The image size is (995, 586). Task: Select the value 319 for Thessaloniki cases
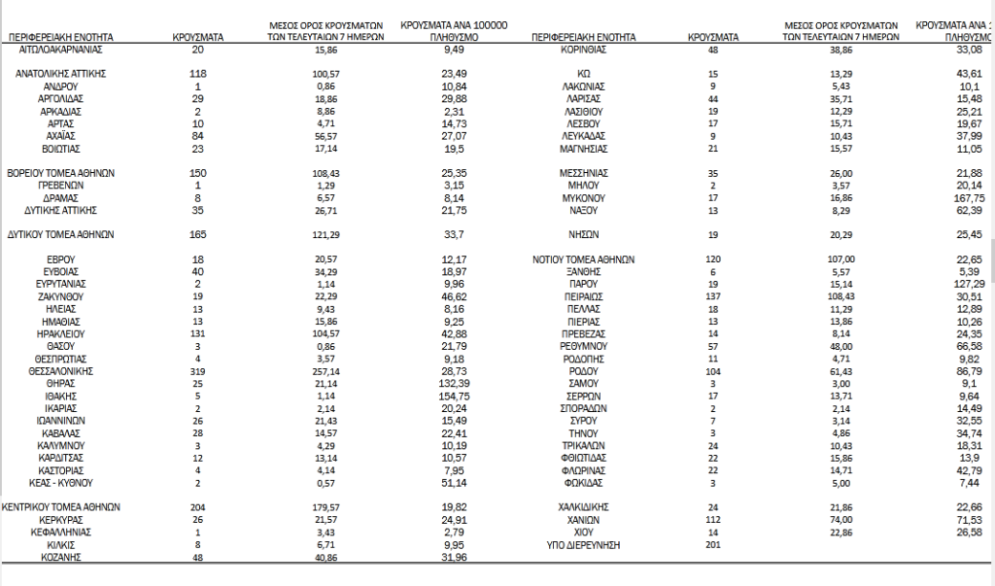(x=198, y=371)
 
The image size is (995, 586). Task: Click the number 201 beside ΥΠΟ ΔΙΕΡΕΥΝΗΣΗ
(x=713, y=545)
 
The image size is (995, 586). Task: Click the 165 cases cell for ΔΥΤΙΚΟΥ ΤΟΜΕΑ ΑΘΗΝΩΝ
(x=198, y=234)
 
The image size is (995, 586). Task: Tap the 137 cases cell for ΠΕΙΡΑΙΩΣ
(x=713, y=296)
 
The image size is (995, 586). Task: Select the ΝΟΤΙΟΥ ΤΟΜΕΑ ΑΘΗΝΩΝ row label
(x=584, y=259)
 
